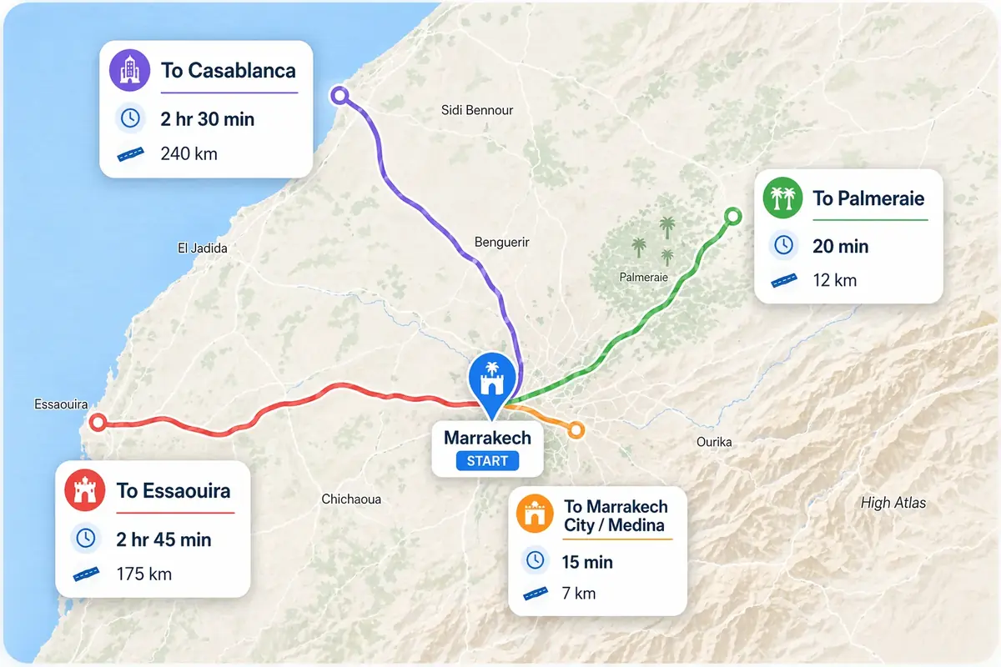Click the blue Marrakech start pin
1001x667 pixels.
pos(492,383)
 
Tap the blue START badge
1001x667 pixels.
pos(488,460)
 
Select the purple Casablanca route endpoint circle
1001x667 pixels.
pos(339,95)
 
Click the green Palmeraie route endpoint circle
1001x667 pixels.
pos(732,217)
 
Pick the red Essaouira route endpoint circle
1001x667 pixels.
pos(98,422)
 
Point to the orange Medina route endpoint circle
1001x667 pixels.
pos(576,430)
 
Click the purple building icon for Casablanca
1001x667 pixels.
pos(129,70)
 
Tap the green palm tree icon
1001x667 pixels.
pos(782,198)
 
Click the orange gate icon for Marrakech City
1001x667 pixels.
pos(536,514)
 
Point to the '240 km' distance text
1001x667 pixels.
pos(189,153)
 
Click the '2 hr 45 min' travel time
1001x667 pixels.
pos(163,539)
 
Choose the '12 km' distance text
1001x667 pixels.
pos(834,280)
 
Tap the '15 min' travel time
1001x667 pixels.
pos(587,562)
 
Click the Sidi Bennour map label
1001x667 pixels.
pos(477,110)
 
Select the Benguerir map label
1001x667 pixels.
pos(501,243)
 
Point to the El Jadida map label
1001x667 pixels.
pos(203,248)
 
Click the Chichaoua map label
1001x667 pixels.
pos(351,499)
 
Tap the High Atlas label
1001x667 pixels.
pos(893,503)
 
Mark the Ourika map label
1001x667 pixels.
pos(714,442)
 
